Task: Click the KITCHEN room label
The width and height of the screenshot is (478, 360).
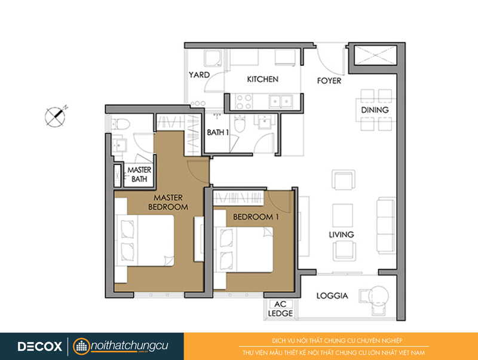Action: coord(262,80)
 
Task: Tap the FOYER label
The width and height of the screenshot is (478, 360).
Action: coord(329,81)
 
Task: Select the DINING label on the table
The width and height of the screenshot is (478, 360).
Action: coord(375,110)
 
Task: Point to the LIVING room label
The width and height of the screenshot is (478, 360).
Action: coord(341,234)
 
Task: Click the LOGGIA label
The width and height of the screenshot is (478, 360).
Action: coord(332,295)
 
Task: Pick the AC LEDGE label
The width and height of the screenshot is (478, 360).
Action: coord(280,309)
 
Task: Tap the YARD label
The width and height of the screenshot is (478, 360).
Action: coord(199,75)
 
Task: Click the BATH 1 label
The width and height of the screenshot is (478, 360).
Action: coord(217,132)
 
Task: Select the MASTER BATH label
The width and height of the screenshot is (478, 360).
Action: coord(139,174)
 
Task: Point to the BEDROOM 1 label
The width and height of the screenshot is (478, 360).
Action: coord(256,217)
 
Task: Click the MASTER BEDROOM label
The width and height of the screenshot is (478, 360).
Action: coord(168,202)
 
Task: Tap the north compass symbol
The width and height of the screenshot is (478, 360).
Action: coord(56,116)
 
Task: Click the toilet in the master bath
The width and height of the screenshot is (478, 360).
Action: coord(121,124)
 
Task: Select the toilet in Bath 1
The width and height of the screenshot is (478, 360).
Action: coord(240,124)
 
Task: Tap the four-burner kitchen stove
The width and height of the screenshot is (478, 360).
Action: coord(244,102)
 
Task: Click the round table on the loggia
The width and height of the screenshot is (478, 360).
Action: coord(379,295)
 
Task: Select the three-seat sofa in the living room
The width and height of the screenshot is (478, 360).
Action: coord(386,225)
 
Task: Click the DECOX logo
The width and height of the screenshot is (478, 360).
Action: coord(40,346)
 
